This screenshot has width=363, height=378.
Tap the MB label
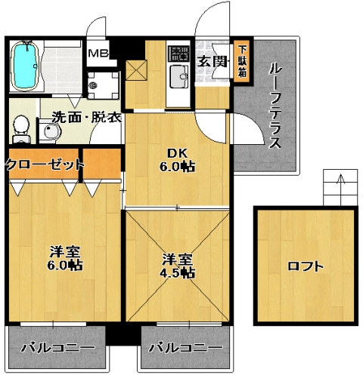(98, 54)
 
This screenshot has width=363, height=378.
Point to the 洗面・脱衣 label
(76, 117)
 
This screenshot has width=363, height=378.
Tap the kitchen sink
(180, 76)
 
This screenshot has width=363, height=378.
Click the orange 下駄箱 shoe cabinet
(242, 60)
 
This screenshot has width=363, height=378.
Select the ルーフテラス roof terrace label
(275, 106)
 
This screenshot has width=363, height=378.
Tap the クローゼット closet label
(42, 164)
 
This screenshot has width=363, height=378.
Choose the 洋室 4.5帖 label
(178, 266)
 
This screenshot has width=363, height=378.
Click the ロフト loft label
(305, 266)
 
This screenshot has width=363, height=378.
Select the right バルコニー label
(185, 348)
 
